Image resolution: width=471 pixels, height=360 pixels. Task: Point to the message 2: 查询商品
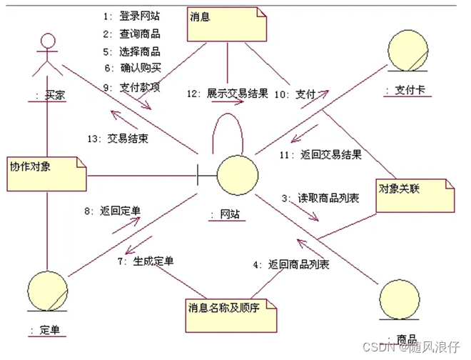(132, 34)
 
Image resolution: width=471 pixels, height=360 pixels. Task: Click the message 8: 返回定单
(113, 211)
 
